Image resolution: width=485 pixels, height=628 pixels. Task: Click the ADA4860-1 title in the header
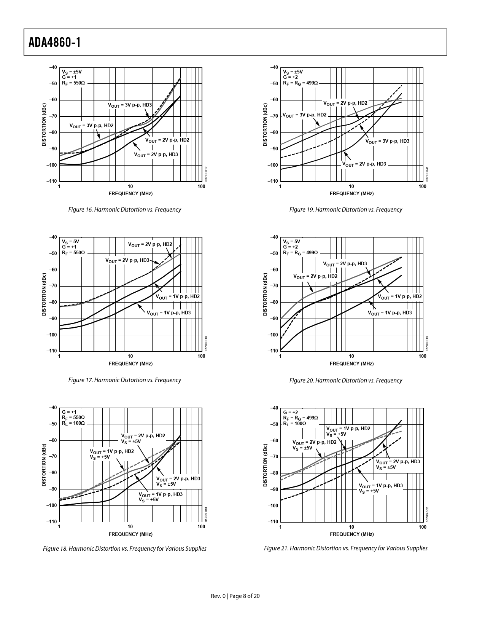click(x=55, y=42)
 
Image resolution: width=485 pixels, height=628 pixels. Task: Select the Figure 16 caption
click(x=124, y=210)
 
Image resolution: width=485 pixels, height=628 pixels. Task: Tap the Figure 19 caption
click(x=345, y=210)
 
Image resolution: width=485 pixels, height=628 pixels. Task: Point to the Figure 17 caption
click(x=124, y=380)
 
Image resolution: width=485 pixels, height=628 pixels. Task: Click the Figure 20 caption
click(x=345, y=381)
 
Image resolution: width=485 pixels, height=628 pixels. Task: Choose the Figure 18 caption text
click(x=124, y=549)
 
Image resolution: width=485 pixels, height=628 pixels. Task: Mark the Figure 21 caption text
click(x=345, y=548)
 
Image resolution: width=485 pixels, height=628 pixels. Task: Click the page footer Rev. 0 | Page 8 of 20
click(x=235, y=596)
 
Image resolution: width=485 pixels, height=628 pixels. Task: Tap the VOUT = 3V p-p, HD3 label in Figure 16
click(x=130, y=105)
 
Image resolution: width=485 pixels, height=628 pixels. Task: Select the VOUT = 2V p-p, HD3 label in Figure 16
click(x=156, y=155)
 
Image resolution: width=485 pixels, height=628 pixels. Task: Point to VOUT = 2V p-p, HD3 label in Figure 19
click(x=364, y=164)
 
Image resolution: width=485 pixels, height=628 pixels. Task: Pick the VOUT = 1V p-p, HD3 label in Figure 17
click(x=169, y=313)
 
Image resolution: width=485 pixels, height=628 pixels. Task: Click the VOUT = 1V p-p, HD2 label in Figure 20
click(x=400, y=296)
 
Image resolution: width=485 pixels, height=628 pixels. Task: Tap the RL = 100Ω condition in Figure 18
click(x=73, y=423)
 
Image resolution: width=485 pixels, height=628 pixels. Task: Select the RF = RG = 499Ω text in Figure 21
click(x=300, y=418)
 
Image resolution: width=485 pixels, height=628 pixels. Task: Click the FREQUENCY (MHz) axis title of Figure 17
click(x=130, y=363)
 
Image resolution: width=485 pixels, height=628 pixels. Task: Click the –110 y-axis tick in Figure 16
click(x=52, y=181)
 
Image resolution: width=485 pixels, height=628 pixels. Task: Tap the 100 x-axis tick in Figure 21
click(x=422, y=527)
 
